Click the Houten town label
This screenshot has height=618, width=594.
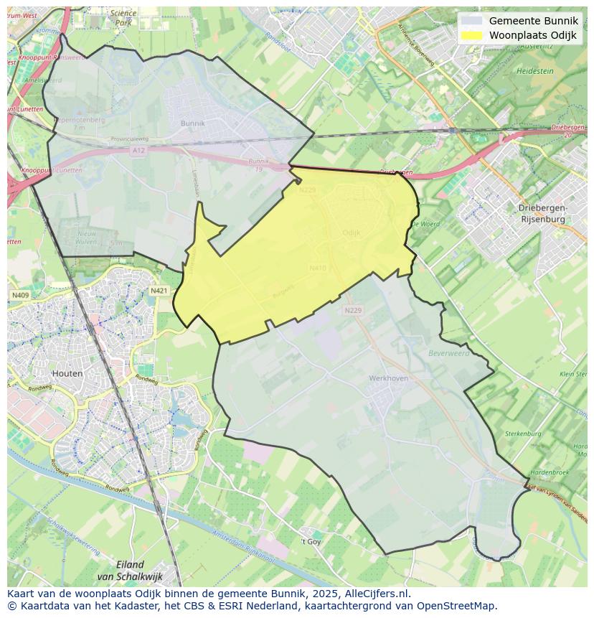click(67, 373)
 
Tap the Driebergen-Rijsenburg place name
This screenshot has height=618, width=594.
click(542, 212)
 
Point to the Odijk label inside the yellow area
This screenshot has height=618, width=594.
click(352, 233)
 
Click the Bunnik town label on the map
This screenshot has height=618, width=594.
click(192, 123)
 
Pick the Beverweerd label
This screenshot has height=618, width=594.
click(448, 353)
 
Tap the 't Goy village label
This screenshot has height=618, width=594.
click(310, 541)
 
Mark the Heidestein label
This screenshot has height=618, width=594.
click(534, 72)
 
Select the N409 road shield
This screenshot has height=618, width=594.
click(20, 295)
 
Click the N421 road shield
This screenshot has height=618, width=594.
click(159, 291)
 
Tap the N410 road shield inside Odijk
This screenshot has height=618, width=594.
click(318, 268)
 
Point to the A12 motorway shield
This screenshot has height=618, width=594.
click(138, 150)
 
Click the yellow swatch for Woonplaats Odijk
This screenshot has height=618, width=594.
click(471, 35)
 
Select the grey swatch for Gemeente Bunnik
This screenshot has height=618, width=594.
click(471, 21)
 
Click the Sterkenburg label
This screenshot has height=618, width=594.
click(522, 434)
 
